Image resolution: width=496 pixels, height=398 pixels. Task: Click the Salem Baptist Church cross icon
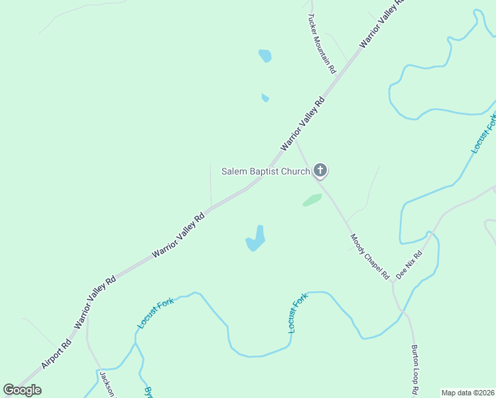coord(320,171)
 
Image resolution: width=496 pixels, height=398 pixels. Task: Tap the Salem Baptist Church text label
coord(265,172)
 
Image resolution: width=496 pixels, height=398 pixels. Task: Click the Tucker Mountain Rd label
coord(322,43)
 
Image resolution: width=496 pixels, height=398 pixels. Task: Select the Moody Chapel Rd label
coord(370,256)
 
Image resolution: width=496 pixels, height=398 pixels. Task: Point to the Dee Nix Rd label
coord(409,265)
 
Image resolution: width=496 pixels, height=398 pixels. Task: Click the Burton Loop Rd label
coord(414,371)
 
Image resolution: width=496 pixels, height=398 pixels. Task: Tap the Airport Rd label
coord(56,354)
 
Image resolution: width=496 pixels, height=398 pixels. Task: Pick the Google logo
coord(22,390)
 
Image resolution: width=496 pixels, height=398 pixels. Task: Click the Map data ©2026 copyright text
coord(468,393)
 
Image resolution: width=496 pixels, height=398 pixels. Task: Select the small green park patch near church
coord(312,200)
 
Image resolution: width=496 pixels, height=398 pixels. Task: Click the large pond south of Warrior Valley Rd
coord(256,239)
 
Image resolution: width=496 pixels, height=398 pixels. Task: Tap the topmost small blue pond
coord(265,56)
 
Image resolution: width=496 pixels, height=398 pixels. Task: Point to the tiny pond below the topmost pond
coord(265,98)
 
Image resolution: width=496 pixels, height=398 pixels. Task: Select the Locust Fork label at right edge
coord(484,133)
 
